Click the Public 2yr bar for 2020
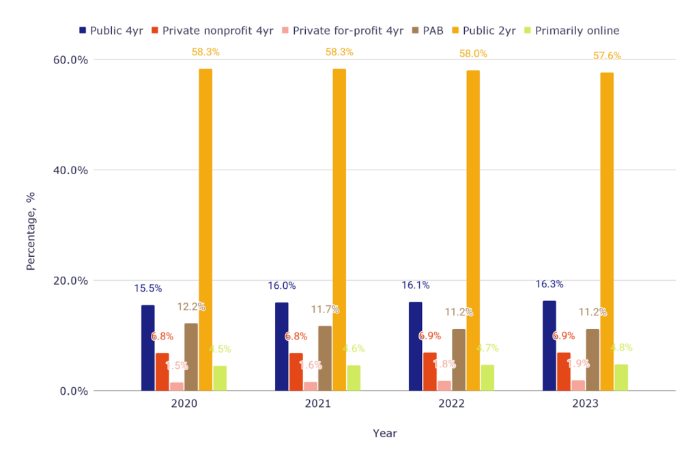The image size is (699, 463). point(205,229)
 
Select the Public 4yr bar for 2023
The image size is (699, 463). point(550,346)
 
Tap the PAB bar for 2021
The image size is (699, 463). point(325,358)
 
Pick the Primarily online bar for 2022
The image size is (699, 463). point(487,378)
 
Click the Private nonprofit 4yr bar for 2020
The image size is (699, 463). point(162,371)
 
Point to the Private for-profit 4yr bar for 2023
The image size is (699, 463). point(578,385)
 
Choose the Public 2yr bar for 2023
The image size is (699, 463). point(607,231)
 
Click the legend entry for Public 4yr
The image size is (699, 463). point(111,31)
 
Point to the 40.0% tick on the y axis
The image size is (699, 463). point(70,170)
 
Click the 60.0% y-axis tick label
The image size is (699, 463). point(70,59)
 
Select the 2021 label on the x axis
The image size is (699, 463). point(318,404)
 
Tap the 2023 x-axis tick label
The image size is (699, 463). point(586,404)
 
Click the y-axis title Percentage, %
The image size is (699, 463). point(31,231)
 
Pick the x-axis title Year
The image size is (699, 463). point(384,433)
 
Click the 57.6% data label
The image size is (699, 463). point(607,56)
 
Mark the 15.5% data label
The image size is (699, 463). point(148,289)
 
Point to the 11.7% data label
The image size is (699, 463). point(325,309)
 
